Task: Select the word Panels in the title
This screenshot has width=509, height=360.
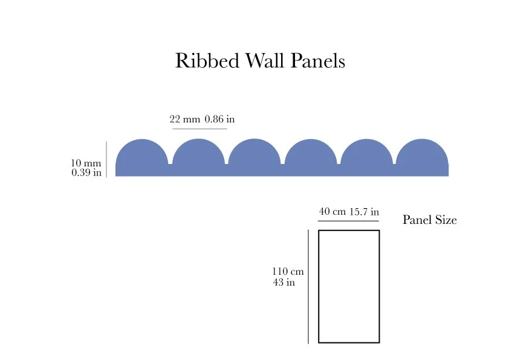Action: point(316,61)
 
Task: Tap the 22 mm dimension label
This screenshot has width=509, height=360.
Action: point(185,120)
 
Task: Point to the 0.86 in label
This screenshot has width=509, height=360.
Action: point(219,120)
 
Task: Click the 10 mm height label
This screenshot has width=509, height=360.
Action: point(86,163)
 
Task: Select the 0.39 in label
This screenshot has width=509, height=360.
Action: point(86,172)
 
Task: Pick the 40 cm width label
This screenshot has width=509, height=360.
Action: point(332,212)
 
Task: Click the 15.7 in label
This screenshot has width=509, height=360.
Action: point(364,212)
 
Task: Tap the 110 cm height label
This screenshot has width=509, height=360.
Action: point(288,272)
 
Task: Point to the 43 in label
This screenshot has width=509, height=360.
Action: point(284,283)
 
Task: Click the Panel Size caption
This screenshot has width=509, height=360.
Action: point(430,220)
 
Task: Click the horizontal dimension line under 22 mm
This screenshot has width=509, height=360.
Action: point(199,129)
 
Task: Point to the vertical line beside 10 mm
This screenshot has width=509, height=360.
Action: point(106,159)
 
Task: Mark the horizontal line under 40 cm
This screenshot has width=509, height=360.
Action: point(348,221)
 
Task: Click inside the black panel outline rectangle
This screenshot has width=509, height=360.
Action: point(349,286)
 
